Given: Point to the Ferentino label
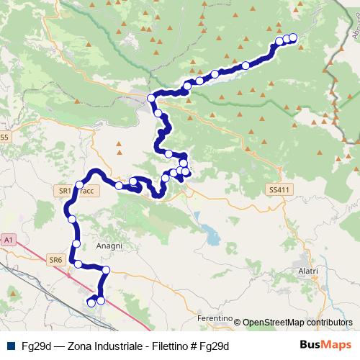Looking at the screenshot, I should coord(214,318).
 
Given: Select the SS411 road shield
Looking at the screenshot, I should coord(276,189).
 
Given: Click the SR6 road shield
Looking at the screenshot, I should coord(55,258).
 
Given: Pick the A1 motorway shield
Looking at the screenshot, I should coord(9,238).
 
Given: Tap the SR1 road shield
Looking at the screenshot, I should coord(63,191).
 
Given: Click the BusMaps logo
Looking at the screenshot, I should coord(325,346).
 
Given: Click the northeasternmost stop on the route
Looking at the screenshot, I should coord(293,37).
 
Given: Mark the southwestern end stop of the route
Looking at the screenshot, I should coord(91,303).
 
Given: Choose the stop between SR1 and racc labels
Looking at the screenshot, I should coord(79,186).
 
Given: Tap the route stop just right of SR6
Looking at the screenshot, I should coord(78,264).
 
